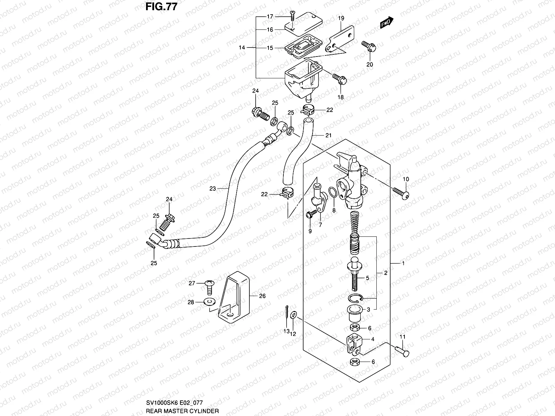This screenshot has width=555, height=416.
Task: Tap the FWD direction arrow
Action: pyautogui.click(x=386, y=23)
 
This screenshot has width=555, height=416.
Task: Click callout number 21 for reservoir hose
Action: pyautogui.click(x=328, y=136)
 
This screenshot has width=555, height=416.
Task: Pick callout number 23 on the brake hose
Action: pyautogui.click(x=213, y=189)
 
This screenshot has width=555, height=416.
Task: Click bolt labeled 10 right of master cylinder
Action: pyautogui.click(x=401, y=192)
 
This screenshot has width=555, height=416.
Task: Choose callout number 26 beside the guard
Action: pyautogui.click(x=262, y=296)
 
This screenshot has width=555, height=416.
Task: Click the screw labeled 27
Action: pyautogui.click(x=209, y=284)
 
